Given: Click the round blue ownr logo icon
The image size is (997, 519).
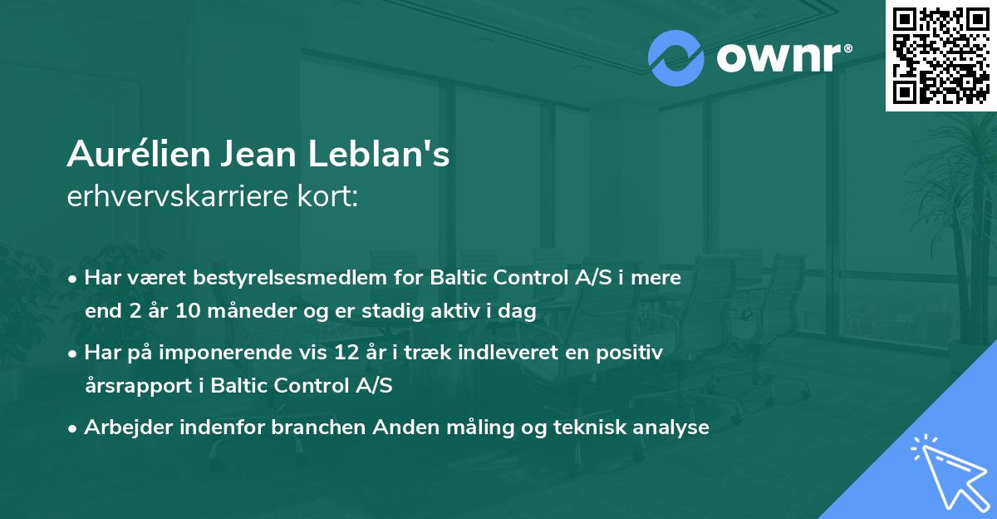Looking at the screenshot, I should (x=675, y=58).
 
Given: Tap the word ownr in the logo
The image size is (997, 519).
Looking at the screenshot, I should (x=778, y=57).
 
